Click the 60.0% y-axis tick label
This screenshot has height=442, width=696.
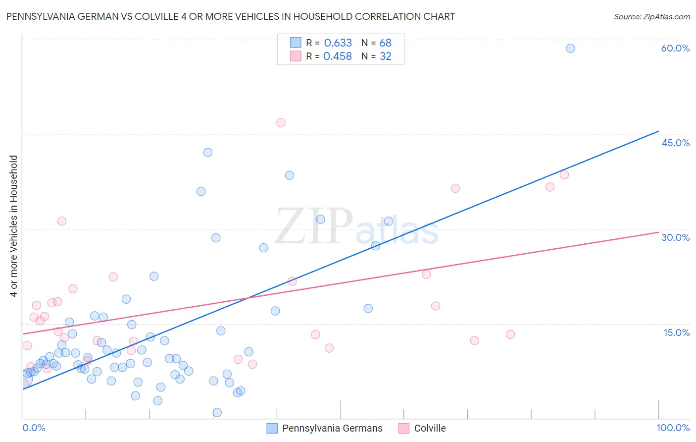coord(675,48)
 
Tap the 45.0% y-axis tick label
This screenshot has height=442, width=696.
coord(675,143)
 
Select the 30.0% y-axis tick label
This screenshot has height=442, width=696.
coord(675,237)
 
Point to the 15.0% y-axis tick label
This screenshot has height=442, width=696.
coord(676,332)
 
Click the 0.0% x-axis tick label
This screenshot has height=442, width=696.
coord(34,428)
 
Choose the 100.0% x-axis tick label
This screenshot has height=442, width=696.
coord(673,428)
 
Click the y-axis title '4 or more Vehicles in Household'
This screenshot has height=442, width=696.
coord(14,226)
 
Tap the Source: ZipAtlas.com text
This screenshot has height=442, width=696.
coord(651,16)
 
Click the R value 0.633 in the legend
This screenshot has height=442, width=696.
coord(338,43)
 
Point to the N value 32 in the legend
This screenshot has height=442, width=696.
coord(386,56)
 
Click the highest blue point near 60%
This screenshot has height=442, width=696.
coord(570,48)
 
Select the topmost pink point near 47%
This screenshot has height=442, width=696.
coord(281,122)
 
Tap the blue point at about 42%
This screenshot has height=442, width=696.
coord(208,152)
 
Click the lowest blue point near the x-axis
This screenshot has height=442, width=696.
coord(217,412)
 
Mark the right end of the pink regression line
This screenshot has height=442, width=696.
coord(658,232)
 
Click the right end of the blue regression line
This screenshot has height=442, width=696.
coord(658,131)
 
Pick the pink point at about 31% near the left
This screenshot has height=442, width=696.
coord(62,221)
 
